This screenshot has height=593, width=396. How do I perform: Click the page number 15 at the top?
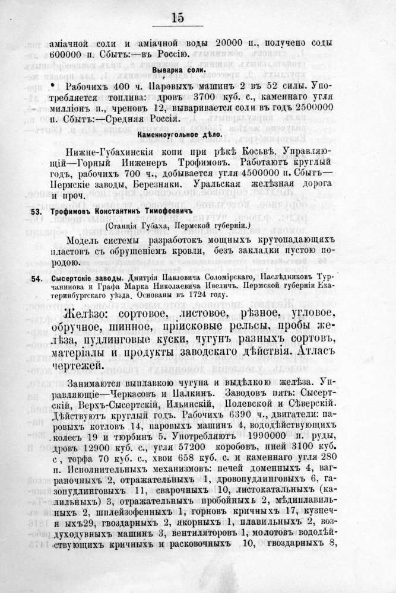[178, 17]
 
